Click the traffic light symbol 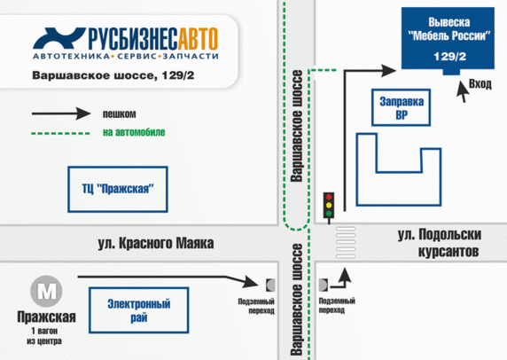point(330,205)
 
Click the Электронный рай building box point(138,309)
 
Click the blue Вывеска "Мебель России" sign point(449,38)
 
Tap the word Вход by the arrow point(480,84)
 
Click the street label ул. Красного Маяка point(157,243)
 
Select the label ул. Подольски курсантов point(439,243)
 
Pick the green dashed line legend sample point(61,133)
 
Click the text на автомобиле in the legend point(134,133)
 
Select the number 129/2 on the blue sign point(449,57)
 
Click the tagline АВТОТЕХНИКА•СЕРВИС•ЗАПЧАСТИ point(122,56)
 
